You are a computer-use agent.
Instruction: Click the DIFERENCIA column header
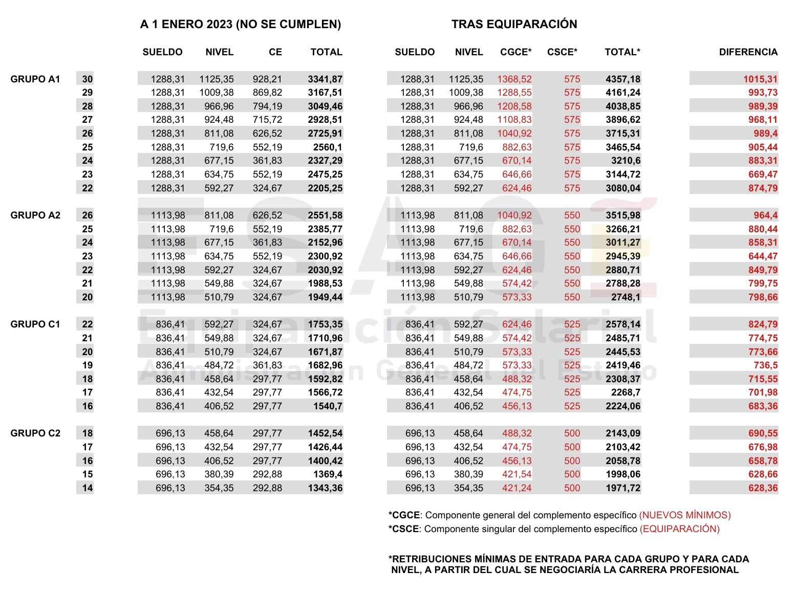tap(748, 52)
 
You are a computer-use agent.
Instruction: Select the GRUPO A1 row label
tap(35, 79)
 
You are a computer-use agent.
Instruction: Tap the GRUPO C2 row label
tap(35, 433)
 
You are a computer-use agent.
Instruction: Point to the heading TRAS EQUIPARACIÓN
tap(514, 24)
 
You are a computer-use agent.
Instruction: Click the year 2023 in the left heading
tap(221, 24)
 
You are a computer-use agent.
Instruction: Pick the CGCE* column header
tap(515, 52)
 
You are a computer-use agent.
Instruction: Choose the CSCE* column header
tap(562, 52)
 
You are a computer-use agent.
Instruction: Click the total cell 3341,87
tap(325, 79)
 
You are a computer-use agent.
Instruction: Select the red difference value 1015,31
tap(760, 79)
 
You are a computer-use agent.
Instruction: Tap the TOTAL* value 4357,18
tap(623, 79)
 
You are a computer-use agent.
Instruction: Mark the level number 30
tap(88, 79)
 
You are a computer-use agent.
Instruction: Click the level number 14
tap(88, 488)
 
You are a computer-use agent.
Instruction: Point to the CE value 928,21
tap(267, 79)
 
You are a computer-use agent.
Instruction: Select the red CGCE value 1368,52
tap(514, 79)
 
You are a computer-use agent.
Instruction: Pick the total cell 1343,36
tap(325, 488)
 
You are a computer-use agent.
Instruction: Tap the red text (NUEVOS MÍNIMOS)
tap(685, 515)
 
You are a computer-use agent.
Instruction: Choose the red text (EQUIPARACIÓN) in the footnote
tap(679, 529)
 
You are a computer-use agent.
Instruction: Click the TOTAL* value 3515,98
tap(623, 215)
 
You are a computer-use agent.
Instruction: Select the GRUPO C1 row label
tap(35, 324)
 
